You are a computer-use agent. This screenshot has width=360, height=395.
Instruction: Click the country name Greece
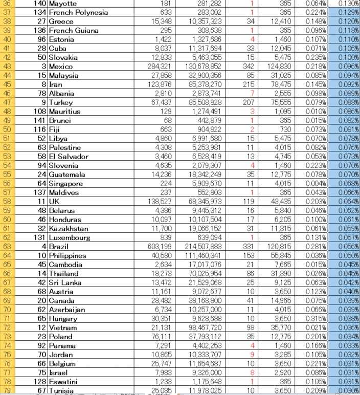click(x=61, y=21)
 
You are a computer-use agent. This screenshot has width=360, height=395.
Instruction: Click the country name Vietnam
click(x=63, y=327)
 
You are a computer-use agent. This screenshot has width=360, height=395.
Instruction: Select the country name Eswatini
click(x=64, y=381)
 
